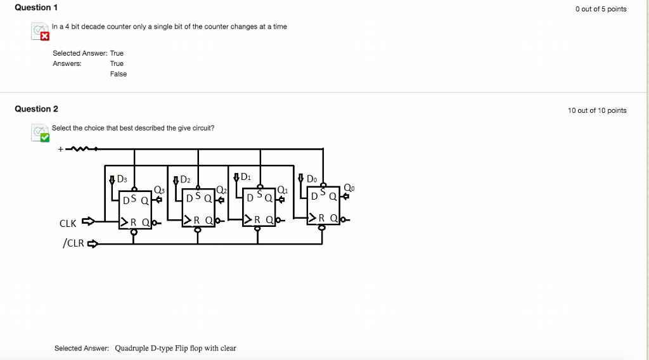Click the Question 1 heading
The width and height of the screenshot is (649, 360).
point(36,8)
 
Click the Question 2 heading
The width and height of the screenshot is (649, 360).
point(36,109)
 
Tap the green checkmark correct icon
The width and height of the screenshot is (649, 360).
point(44,138)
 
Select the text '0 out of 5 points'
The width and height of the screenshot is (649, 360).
point(601,9)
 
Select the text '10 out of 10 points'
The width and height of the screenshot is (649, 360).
point(597,111)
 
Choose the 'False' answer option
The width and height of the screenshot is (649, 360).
point(119,74)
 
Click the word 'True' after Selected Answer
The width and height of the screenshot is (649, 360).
point(117,53)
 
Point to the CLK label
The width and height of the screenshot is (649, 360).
point(68,224)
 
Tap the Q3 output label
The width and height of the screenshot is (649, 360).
point(159,190)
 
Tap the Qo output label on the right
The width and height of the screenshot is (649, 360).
point(349,188)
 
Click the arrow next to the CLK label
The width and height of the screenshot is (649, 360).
point(88,221)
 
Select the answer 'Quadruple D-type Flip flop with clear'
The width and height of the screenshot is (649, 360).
point(176,348)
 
